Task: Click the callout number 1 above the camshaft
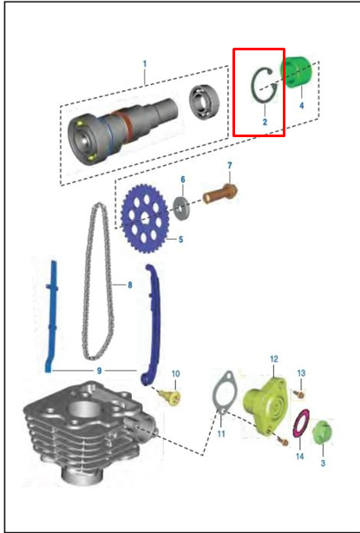coord(145,64)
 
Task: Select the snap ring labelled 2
coord(253,85)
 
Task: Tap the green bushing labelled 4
coord(296,72)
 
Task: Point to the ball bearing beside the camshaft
coord(204,102)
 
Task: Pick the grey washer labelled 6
coord(181,207)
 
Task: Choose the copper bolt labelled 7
coord(219,194)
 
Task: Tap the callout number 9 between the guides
coord(99,371)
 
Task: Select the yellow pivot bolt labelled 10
coord(170,397)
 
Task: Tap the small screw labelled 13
coord(299,394)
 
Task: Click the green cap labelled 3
coord(322,432)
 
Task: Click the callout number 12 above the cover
coord(274,359)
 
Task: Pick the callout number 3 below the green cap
coord(323,463)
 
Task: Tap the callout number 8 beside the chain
coord(130,285)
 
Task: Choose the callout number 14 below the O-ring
coord(299,456)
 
